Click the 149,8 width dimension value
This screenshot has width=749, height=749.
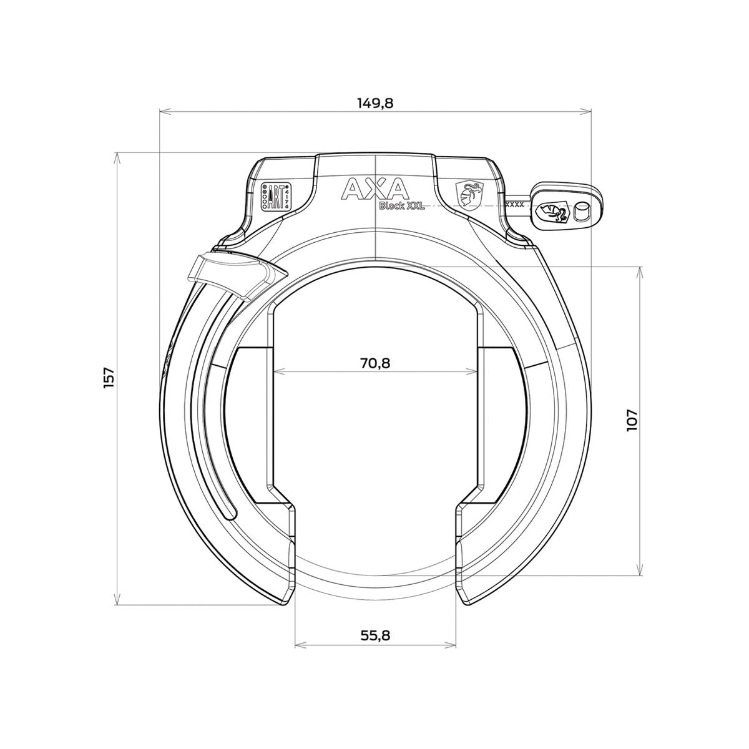[375, 103]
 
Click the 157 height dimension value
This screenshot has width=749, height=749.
[109, 378]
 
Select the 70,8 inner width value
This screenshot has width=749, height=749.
[375, 362]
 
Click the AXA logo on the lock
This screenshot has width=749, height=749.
[374, 189]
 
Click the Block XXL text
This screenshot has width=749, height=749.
[402, 207]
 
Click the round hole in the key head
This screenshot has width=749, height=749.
[582, 212]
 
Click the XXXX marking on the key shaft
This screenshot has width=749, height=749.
[514, 203]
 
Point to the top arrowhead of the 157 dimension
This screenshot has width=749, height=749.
[117, 156]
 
